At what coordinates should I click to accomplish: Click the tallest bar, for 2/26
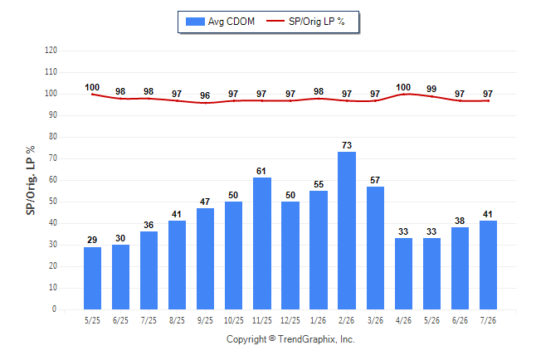pos(347,231)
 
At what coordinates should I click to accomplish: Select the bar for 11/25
pos(262,243)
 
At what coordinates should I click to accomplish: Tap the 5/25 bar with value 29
pos(92,278)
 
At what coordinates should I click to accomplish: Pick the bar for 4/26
pos(403,274)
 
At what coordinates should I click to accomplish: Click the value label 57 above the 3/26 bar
pos(375,180)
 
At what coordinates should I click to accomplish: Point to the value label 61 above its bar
pos(261,171)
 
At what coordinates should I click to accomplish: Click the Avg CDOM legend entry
pos(220,22)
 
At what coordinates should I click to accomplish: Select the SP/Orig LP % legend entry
pos(305,22)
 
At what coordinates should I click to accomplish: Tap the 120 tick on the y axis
pos(51,51)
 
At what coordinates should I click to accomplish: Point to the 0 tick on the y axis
pos(54,309)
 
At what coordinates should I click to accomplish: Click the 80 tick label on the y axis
pos(52,136)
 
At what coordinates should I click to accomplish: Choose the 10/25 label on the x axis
pos(234,320)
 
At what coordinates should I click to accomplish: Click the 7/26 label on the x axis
pos(488,320)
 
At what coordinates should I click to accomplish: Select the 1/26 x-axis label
pos(319,320)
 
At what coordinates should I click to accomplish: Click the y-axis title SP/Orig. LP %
pos(31,181)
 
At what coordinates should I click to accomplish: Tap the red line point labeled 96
pos(205,103)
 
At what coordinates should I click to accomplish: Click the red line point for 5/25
pos(92,95)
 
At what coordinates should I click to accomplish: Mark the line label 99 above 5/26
pos(431,89)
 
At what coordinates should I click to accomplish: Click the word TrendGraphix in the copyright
pos(307,339)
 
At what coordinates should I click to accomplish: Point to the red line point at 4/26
pos(403,95)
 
